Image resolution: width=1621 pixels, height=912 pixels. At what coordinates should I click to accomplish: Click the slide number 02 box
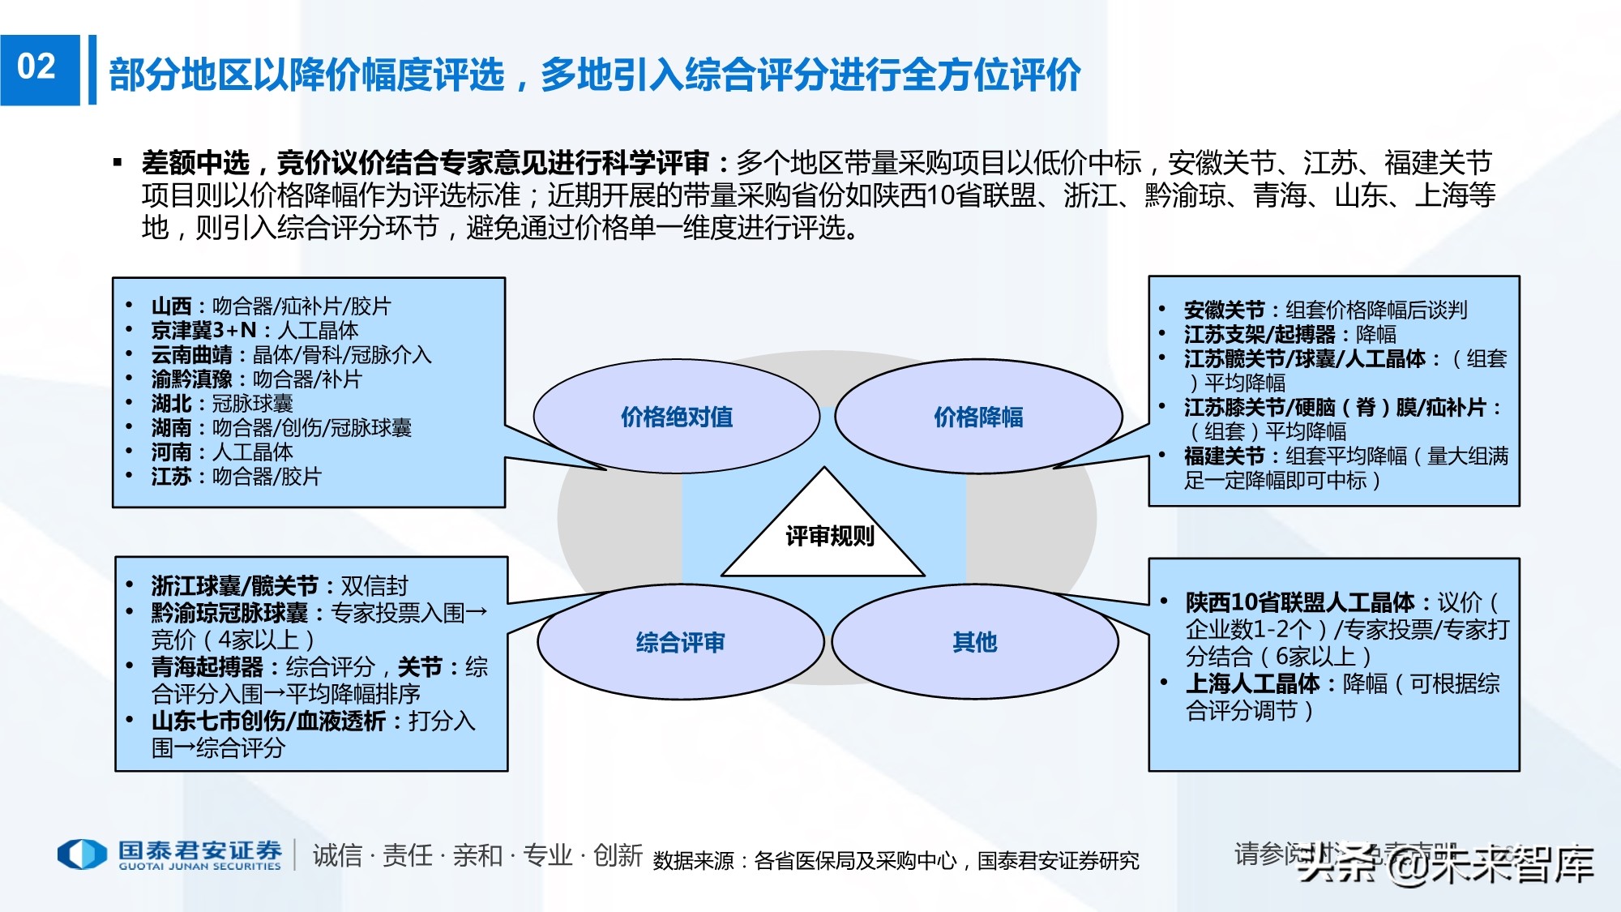click(39, 69)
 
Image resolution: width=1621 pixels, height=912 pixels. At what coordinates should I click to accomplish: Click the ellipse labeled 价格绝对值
click(676, 417)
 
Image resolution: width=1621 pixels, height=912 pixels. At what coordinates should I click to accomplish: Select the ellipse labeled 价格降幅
click(978, 417)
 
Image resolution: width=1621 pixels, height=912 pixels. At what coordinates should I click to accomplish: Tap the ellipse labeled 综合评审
click(680, 643)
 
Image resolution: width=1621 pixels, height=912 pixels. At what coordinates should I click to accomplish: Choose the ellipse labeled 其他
click(974, 643)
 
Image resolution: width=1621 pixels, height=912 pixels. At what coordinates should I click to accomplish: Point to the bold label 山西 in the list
click(171, 306)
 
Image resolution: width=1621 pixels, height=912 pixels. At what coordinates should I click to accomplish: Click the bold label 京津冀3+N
click(203, 331)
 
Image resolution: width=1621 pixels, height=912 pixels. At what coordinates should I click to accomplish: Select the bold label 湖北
click(171, 404)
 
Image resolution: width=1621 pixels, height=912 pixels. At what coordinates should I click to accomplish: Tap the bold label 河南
click(171, 452)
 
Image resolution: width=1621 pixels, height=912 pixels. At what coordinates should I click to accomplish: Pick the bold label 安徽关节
click(1224, 310)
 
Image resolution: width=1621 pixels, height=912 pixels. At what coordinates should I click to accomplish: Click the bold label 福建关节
click(1224, 456)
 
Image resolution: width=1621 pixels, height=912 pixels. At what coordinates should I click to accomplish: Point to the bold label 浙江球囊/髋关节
click(234, 586)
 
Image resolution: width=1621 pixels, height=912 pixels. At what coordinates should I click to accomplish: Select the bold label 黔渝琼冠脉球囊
click(229, 613)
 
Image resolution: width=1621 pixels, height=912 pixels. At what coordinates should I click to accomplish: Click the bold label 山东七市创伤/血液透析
click(268, 721)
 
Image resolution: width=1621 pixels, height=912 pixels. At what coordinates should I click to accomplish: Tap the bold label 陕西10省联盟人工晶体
click(1300, 602)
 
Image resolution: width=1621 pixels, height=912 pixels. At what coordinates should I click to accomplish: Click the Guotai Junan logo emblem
click(82, 854)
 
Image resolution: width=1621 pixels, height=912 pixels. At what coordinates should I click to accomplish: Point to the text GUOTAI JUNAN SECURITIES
click(199, 866)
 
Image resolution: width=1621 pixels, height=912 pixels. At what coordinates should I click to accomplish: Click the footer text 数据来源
click(693, 861)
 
